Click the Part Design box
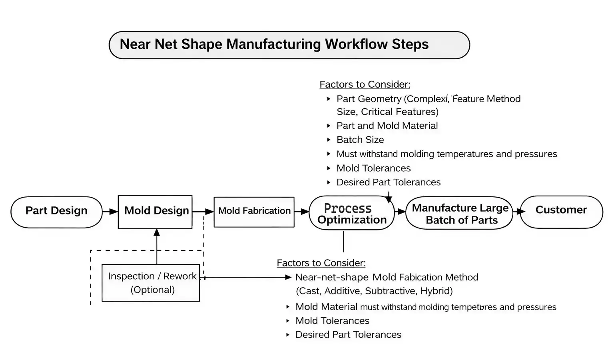coord(56,212)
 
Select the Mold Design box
coord(155,212)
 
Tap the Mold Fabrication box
coord(254,212)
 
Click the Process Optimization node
coord(352,213)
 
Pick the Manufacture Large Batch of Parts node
coord(459,213)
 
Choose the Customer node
coord(561,212)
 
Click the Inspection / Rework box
coord(151,282)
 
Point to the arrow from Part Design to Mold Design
coord(110,212)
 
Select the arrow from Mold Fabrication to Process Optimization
coord(302,212)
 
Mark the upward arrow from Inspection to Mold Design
coord(157,246)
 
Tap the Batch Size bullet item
coord(360,140)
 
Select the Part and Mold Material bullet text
coord(387,126)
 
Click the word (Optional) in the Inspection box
coord(152,290)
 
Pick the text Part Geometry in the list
coord(369,99)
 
